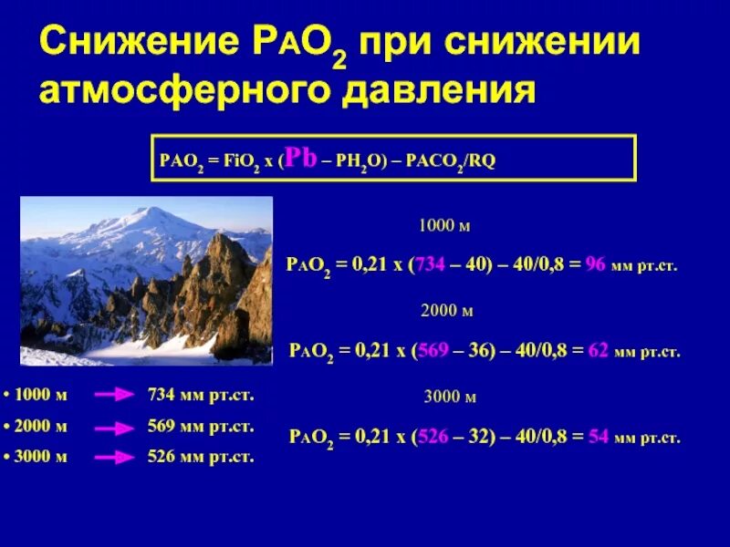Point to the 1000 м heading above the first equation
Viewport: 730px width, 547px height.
pyautogui.click(x=444, y=225)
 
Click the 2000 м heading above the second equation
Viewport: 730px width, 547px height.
pyautogui.click(x=446, y=311)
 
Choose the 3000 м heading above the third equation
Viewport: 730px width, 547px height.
pyautogui.click(x=450, y=397)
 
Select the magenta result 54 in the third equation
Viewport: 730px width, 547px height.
pyautogui.click(x=599, y=437)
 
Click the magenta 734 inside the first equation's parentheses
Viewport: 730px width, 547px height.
pyautogui.click(x=432, y=264)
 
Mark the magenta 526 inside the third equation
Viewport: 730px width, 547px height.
pyautogui.click(x=434, y=437)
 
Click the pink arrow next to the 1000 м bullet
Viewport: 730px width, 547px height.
pyautogui.click(x=115, y=395)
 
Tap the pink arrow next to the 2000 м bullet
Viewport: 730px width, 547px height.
pyautogui.click(x=115, y=427)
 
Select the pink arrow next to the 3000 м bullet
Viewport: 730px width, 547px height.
pyautogui.click(x=115, y=458)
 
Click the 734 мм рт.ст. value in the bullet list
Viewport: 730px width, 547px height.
pyautogui.click(x=200, y=395)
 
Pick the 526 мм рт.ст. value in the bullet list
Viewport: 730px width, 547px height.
pyautogui.click(x=200, y=458)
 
